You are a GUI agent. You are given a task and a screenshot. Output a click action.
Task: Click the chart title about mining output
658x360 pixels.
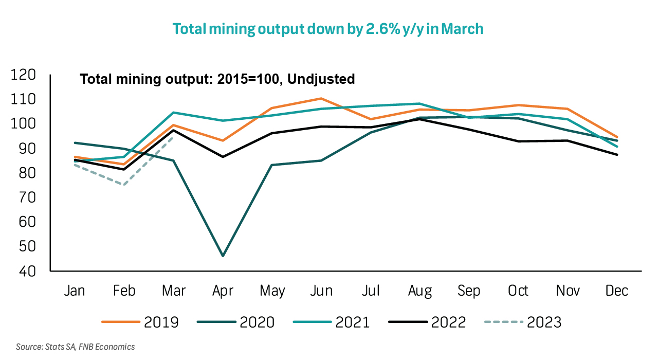coord(328,29)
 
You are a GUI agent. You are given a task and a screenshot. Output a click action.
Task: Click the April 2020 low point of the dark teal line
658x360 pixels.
coord(223,256)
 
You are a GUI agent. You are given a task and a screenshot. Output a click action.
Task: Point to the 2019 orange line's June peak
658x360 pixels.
coord(321,98)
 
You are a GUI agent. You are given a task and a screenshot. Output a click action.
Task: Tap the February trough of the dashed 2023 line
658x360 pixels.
coord(124,185)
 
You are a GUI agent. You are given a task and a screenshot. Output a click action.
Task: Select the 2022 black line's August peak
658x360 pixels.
coord(420,119)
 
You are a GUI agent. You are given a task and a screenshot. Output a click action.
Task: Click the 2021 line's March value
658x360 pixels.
coord(173,113)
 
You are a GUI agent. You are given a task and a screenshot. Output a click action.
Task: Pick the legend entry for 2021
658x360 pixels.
coord(331,322)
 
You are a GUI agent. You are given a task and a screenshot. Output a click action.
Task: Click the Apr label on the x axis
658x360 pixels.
coord(223,291)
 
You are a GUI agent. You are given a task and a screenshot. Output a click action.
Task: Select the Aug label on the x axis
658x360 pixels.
coord(420,291)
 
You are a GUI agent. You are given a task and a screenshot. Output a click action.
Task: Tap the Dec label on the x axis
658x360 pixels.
coord(617,291)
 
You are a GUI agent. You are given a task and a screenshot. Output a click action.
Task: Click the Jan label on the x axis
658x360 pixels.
coord(75,291)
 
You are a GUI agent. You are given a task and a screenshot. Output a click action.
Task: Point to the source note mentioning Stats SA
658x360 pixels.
coord(75,347)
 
